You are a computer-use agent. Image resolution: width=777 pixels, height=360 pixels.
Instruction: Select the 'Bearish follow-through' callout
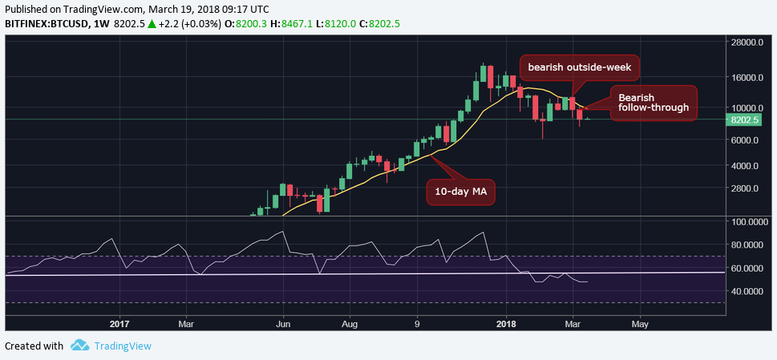[x=653, y=102]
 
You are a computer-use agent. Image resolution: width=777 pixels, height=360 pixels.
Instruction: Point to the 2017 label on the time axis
[x=119, y=324]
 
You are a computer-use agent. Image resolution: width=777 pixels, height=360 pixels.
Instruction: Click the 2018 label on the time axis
[x=506, y=324]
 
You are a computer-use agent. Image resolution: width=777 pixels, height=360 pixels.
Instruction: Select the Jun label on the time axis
[x=282, y=324]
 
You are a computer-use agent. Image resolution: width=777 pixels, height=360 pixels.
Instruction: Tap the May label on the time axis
[x=640, y=324]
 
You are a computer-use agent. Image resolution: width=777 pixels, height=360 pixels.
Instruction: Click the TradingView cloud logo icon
[x=79, y=346]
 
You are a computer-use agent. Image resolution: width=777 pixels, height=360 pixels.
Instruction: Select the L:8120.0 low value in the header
[x=356, y=24]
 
